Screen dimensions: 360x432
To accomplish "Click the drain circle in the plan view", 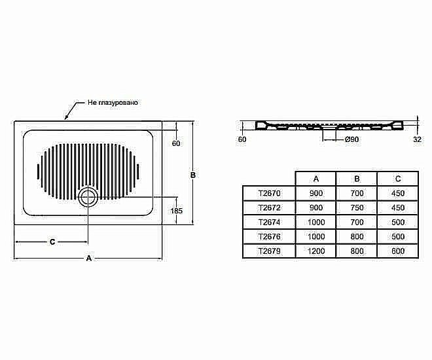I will (87, 196).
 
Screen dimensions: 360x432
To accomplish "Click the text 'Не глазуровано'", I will (113, 103).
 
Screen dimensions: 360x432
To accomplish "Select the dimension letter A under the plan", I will (89, 259).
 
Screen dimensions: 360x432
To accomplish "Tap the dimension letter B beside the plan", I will (194, 175).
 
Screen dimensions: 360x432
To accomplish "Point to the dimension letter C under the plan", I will (52, 242).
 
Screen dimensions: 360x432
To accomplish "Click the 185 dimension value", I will (175, 211).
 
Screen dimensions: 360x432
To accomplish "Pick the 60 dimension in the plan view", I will (175, 143).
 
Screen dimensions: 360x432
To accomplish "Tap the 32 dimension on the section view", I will (418, 139).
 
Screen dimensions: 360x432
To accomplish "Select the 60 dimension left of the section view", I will (242, 139).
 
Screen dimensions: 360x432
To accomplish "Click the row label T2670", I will (269, 193).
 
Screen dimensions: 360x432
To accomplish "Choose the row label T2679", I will (269, 251).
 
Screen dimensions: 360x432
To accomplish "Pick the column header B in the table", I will (357, 179).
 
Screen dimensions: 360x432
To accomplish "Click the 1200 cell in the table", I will (316, 251).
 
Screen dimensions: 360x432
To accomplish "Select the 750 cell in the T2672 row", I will (357, 207).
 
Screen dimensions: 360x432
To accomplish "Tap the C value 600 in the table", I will (398, 251).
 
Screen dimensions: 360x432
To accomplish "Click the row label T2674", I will (269, 222).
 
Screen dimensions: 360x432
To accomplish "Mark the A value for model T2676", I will (316, 236).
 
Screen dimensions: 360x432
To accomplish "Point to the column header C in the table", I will (398, 179).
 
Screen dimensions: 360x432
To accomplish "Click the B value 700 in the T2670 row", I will (357, 193).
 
